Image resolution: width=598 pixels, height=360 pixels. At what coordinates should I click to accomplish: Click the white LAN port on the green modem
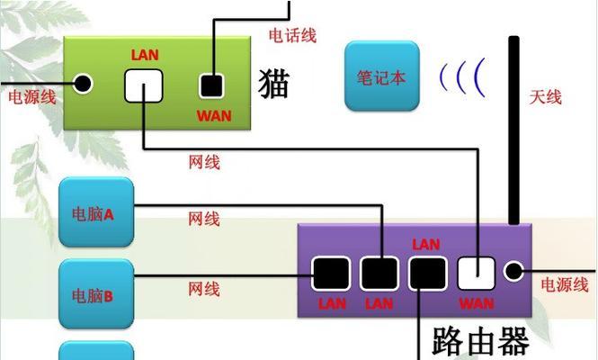tap(144, 85)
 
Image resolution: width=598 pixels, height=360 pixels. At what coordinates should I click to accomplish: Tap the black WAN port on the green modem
tap(211, 86)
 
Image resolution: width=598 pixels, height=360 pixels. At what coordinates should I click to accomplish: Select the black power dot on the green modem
tap(84, 85)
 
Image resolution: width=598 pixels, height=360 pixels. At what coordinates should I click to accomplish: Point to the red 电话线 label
tap(292, 35)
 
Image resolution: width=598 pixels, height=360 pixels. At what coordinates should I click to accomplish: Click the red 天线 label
tap(545, 96)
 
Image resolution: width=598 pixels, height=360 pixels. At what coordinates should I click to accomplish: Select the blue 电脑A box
tap(96, 213)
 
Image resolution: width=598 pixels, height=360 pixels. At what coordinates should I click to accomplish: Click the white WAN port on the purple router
tap(476, 273)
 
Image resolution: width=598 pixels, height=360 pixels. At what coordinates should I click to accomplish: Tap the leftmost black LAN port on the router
tap(331, 273)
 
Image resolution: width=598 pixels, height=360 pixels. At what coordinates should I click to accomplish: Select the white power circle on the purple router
tap(514, 271)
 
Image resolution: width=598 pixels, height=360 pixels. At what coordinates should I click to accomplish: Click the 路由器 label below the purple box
tap(480, 340)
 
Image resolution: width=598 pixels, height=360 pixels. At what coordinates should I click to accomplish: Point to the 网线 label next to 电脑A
tap(204, 219)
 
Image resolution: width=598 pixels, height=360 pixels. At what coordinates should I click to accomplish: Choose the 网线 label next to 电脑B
tap(204, 289)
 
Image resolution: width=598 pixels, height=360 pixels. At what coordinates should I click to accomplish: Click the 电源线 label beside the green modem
tap(31, 96)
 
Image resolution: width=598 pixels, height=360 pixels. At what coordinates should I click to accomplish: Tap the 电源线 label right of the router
tap(564, 285)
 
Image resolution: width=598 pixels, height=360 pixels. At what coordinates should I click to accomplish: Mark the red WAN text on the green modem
tap(213, 116)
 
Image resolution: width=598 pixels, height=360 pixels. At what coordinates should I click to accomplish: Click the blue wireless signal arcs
tap(460, 77)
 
